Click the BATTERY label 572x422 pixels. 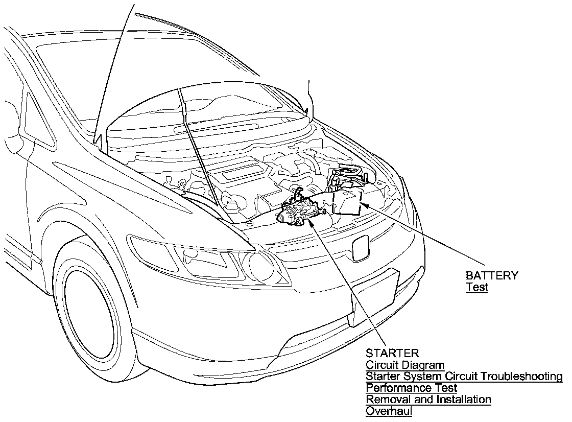coord(492,276)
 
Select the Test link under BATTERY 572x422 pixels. coord(477,287)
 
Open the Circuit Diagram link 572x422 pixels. coord(405,365)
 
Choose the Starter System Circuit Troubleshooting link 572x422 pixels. coord(464,377)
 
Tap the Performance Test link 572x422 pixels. coord(412,388)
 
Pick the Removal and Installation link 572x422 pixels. coord(428,400)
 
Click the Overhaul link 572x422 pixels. coord(389,411)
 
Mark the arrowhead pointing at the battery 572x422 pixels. coord(363,204)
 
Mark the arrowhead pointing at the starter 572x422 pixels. coord(311,221)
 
